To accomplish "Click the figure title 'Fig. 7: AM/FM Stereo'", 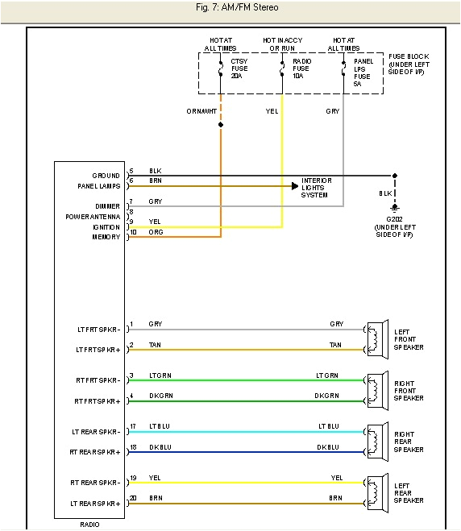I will click(x=230, y=7).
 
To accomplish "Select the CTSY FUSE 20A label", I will click(x=239, y=68).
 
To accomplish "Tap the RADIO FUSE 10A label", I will click(x=301, y=68).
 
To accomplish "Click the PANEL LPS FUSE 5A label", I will click(x=363, y=71).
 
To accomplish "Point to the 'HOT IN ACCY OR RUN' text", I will click(x=281, y=44).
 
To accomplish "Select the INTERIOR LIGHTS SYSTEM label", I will click(x=317, y=188).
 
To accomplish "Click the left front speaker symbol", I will click(x=373, y=338).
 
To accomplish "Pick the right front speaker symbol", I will click(x=373, y=389).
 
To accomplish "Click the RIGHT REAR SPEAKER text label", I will click(x=409, y=442).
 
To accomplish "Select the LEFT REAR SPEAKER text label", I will click(x=409, y=492).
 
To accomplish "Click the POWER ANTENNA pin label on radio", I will click(x=93, y=217).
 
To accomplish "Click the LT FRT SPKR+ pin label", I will click(x=98, y=350).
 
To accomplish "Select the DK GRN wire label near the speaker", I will click(x=326, y=396).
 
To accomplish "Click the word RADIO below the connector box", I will click(x=89, y=524).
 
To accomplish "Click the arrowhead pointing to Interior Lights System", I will click(x=295, y=186).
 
